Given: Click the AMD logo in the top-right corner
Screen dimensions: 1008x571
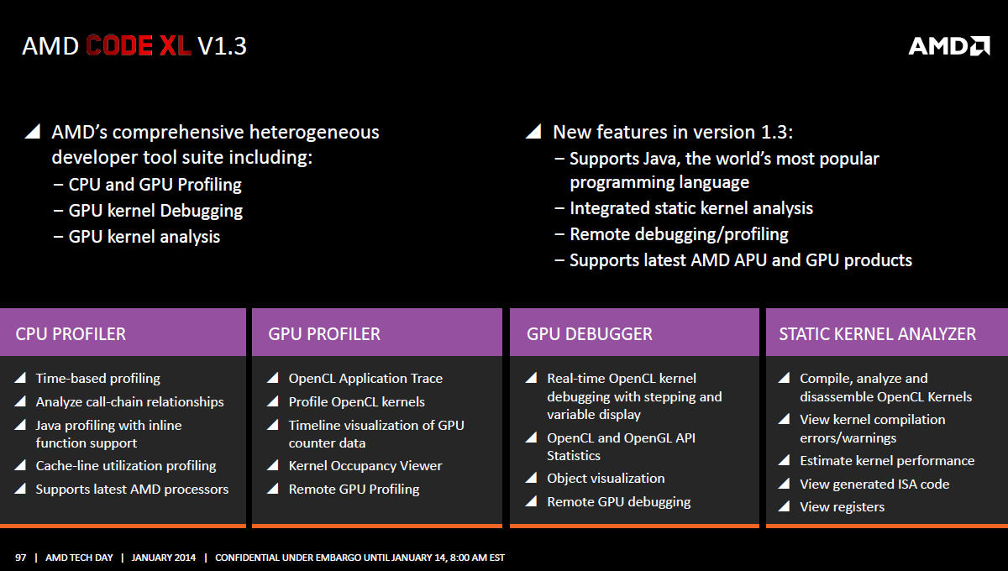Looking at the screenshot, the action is [949, 46].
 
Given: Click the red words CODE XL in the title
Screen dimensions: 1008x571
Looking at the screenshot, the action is [139, 46].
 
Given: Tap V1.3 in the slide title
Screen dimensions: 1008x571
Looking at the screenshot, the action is [223, 46].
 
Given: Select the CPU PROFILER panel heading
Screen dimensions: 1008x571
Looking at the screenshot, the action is [71, 334].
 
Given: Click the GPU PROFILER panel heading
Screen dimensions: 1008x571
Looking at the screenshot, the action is [324, 334].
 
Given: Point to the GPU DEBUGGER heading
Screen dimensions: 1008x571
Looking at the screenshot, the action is [589, 334].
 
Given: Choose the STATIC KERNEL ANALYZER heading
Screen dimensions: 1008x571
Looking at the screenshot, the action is [878, 334].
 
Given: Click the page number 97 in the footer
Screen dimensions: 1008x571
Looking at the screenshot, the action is [21, 558].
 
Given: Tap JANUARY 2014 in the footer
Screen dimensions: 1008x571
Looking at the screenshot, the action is [163, 558].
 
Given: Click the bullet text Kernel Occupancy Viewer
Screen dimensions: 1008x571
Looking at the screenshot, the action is [365, 465].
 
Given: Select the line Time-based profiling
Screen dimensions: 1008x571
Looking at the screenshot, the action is [98, 379].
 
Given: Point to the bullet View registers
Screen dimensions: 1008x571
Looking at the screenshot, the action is [842, 507].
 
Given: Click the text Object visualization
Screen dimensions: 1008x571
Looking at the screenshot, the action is [606, 478].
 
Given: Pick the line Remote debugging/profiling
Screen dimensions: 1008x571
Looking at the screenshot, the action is [679, 234].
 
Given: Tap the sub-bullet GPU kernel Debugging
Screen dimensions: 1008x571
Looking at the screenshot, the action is [155, 211].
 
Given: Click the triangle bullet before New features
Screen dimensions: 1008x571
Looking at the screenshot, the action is [533, 131].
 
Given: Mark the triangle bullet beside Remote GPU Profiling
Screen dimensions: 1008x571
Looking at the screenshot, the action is [273, 489].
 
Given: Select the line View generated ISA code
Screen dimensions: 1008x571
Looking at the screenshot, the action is [874, 484].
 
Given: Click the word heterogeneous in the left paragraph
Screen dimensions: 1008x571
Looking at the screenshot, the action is [314, 133].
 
